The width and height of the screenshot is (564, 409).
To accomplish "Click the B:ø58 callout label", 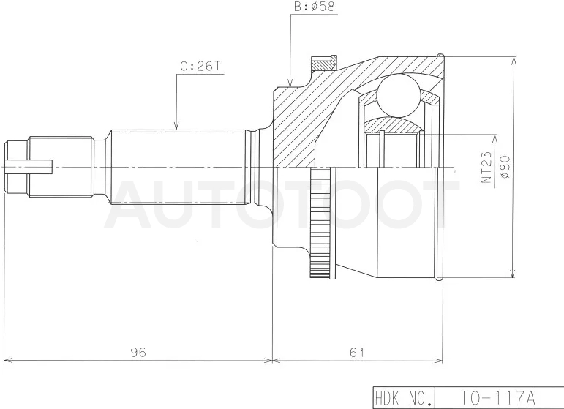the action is [x=315, y=7].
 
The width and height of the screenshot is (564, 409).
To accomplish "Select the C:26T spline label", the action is [x=200, y=67].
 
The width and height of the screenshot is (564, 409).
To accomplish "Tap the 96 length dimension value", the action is [x=138, y=352].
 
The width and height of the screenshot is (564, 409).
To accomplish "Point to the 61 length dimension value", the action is [x=357, y=352].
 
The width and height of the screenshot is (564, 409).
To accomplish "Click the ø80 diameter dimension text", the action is [x=505, y=166].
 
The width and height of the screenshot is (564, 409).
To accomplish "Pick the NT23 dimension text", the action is [x=486, y=168].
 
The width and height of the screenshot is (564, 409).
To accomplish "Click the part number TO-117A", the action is [x=498, y=398].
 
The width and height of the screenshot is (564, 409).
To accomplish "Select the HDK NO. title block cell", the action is [x=404, y=398].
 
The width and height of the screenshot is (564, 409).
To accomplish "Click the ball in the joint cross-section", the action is [x=399, y=95].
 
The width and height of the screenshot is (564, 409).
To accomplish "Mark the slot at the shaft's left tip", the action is [x=29, y=164].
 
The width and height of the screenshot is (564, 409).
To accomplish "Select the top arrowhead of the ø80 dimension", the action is [x=514, y=61].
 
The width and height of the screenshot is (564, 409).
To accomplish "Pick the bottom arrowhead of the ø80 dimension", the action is [x=514, y=273].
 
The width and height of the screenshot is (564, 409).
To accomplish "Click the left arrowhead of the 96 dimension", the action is [x=8, y=360].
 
